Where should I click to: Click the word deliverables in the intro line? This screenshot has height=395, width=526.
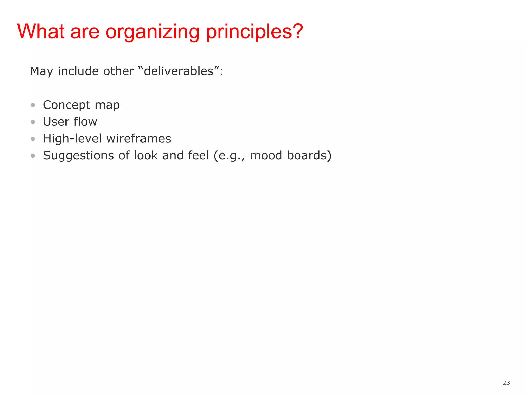(179, 71)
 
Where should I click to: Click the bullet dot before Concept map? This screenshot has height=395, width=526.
(33, 105)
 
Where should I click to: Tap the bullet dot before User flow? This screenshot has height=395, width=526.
(33, 122)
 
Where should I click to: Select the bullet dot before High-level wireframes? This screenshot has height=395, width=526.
(33, 139)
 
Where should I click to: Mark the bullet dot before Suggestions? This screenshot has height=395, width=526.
(33, 156)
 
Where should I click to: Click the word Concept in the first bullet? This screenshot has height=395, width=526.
(67, 105)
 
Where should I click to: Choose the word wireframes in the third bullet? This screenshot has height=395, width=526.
(139, 139)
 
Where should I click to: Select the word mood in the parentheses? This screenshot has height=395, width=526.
(266, 156)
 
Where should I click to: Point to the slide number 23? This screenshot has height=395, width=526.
(506, 383)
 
